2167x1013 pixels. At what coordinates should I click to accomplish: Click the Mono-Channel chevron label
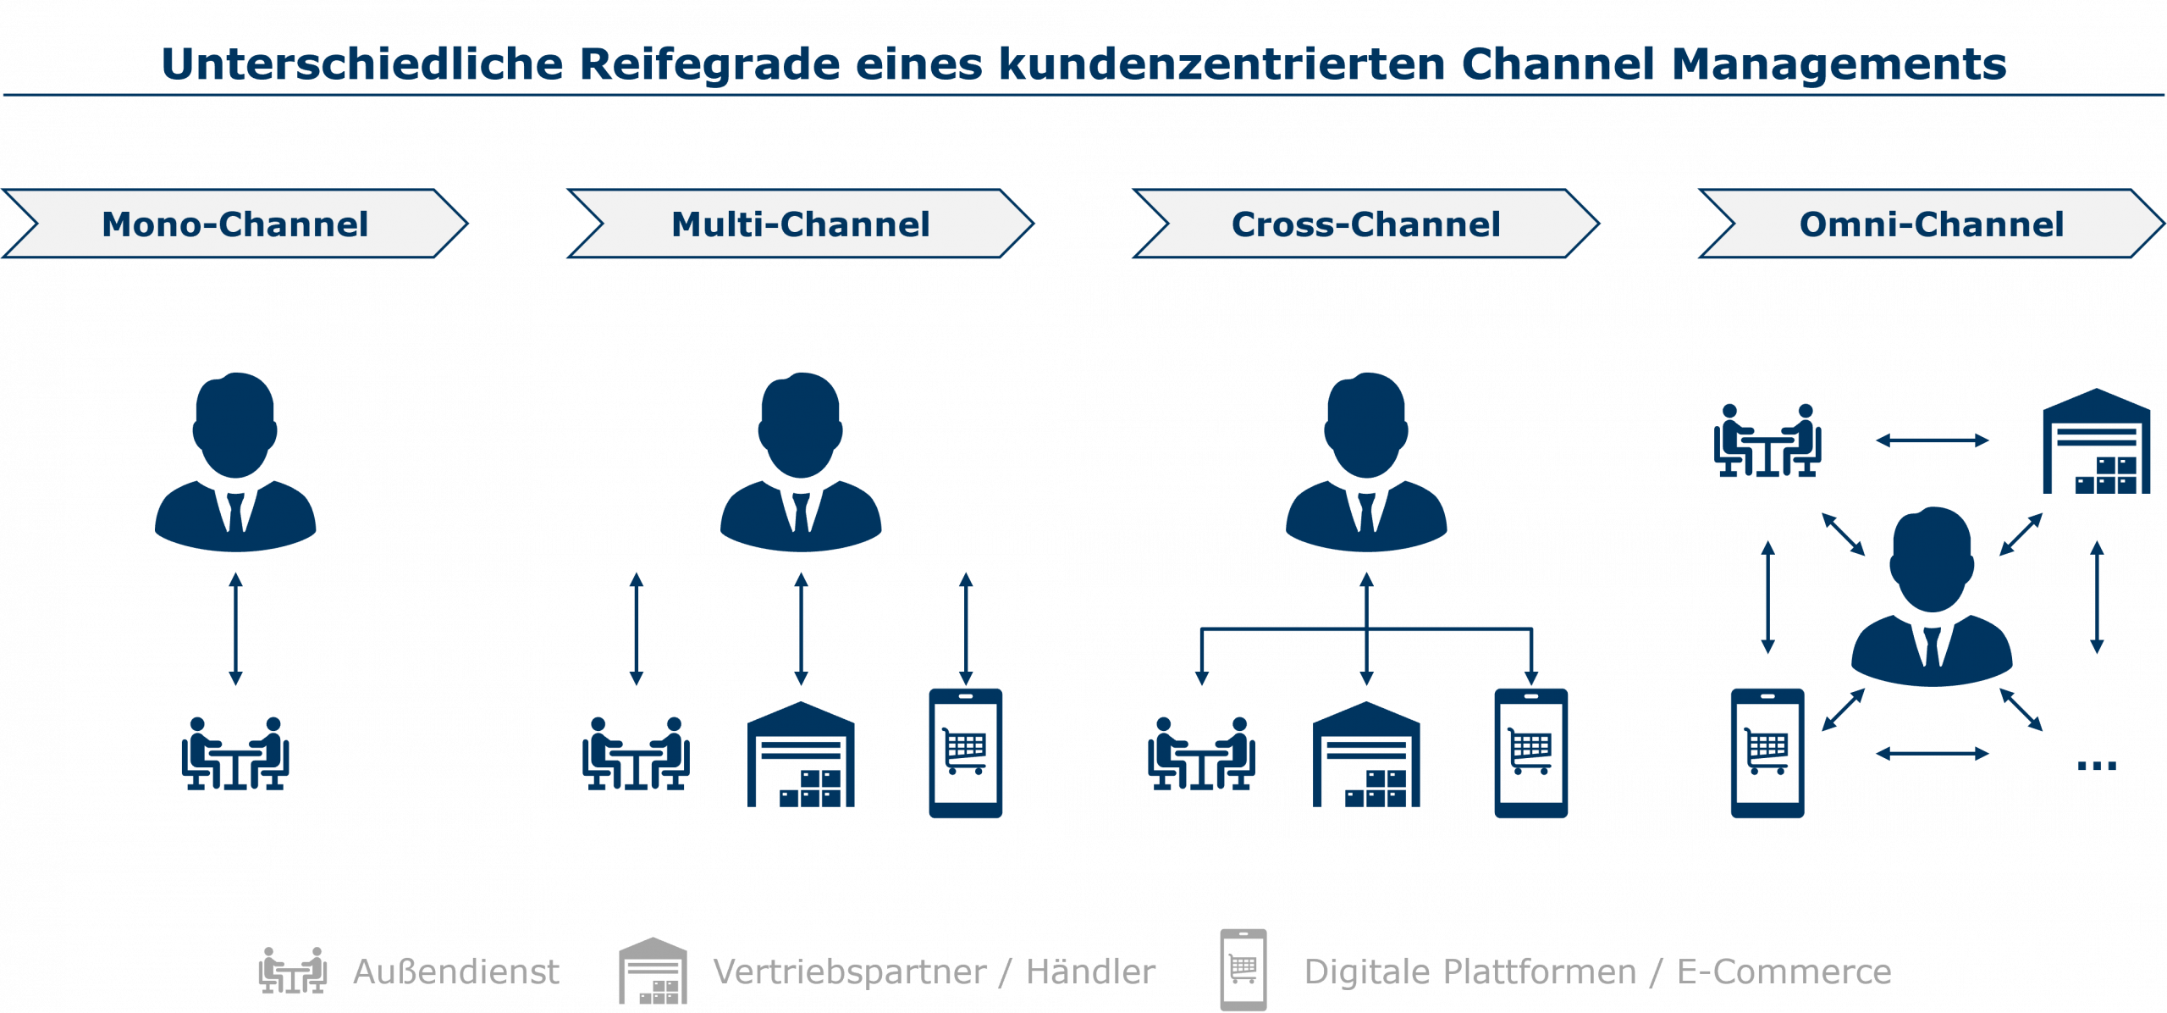click(234, 224)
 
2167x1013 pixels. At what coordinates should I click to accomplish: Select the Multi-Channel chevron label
click(800, 224)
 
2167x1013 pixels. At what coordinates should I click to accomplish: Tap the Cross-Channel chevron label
click(1365, 224)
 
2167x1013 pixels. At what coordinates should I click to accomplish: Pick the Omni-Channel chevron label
click(1931, 224)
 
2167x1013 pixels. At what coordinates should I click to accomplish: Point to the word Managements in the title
click(1839, 64)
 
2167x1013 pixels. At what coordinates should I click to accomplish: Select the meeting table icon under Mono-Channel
click(235, 754)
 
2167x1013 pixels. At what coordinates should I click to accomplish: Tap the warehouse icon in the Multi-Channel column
click(801, 755)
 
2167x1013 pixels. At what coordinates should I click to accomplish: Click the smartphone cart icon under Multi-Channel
click(965, 753)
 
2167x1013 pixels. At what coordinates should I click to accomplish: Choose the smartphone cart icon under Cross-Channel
click(1530, 753)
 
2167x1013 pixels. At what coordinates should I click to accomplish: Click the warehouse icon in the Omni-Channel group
click(2096, 441)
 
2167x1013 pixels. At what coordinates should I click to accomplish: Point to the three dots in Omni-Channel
click(2096, 766)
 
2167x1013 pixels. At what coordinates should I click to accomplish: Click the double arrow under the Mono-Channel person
click(236, 628)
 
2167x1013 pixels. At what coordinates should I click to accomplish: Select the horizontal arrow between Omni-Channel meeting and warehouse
click(1932, 440)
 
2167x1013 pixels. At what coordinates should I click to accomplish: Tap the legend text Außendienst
click(456, 972)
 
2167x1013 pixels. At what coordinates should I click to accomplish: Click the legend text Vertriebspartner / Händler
click(934, 972)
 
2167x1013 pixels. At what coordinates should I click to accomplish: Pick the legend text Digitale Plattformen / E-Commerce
click(1597, 972)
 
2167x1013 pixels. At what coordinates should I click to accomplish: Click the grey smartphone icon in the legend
click(1243, 970)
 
